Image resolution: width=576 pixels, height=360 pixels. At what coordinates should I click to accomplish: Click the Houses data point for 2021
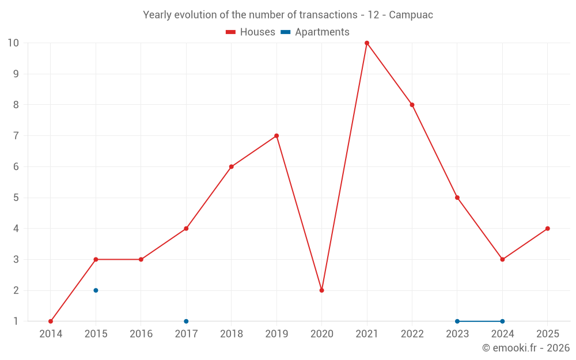coord(367,43)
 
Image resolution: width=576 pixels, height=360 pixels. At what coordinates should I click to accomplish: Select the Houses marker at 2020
coord(321,290)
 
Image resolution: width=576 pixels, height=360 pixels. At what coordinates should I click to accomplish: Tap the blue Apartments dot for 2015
coord(96,290)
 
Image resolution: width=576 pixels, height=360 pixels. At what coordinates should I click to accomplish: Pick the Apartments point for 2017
coord(186,321)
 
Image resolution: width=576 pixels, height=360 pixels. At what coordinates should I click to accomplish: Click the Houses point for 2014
coord(51,321)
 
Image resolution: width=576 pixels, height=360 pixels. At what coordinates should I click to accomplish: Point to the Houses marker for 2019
coord(276,136)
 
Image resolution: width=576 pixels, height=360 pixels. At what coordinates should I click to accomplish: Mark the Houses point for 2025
coord(547,229)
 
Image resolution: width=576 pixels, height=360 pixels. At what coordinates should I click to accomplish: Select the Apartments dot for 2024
coord(502,321)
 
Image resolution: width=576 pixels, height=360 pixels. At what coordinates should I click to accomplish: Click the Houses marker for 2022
coord(412,105)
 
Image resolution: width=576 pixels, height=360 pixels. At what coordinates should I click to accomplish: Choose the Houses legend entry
coord(251,32)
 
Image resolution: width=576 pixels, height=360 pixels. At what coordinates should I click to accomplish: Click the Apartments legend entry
coord(315,32)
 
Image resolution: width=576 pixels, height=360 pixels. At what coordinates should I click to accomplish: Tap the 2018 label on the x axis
coord(231,334)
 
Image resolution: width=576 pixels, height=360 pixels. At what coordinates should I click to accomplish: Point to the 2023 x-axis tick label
coord(457,334)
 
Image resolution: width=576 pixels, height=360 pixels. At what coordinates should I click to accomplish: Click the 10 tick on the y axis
coord(13,43)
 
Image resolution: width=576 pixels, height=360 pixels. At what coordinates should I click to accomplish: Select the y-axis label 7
coord(16,136)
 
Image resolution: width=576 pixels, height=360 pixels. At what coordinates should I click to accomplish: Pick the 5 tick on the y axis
coord(16,198)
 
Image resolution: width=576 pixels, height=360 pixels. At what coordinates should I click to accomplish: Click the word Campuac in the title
coord(411,15)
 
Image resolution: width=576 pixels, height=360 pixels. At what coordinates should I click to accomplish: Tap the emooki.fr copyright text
coord(526,348)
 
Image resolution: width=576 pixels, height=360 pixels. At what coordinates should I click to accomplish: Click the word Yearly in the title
coord(157,15)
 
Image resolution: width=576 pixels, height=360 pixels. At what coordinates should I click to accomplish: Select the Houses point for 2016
coord(141,259)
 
